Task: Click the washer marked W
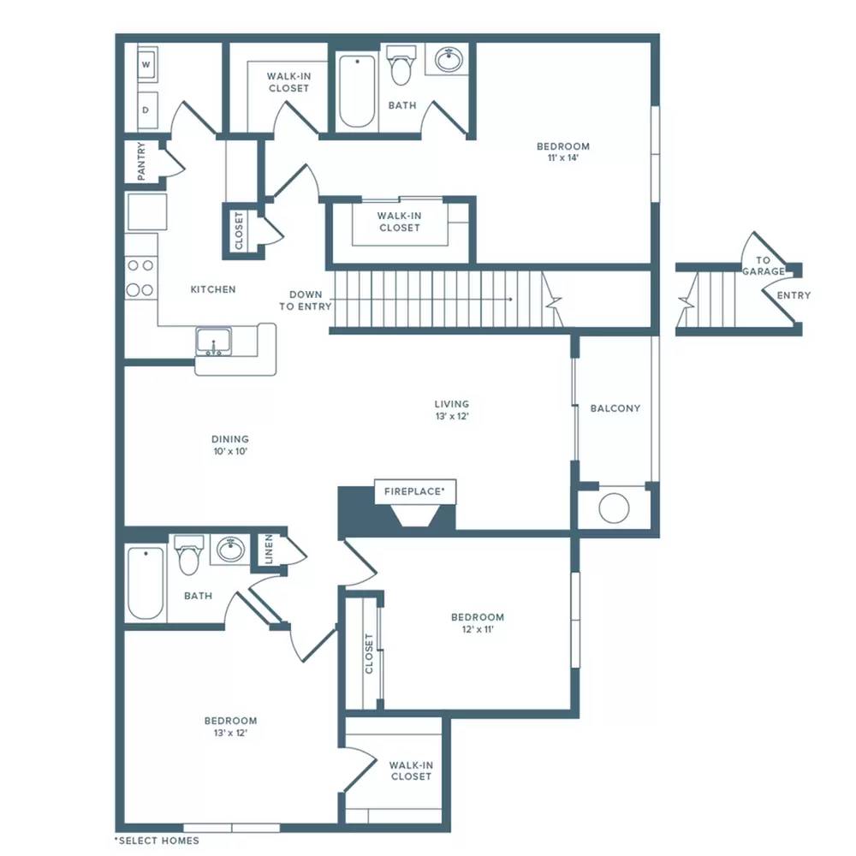[147, 64]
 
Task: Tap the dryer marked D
[147, 110]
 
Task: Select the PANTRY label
[141, 161]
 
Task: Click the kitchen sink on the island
[213, 342]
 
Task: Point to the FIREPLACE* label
[414, 491]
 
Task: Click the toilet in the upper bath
[401, 65]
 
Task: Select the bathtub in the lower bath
[146, 583]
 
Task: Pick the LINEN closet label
[269, 550]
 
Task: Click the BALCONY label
[615, 408]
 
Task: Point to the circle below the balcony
[614, 508]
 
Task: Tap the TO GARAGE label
[764, 266]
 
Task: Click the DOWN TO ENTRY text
[306, 300]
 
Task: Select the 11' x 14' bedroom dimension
[563, 158]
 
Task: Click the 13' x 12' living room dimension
[452, 416]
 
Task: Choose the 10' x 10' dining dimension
[230, 451]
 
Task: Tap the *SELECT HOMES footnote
[157, 841]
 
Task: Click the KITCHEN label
[213, 289]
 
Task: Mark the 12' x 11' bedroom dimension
[478, 629]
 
